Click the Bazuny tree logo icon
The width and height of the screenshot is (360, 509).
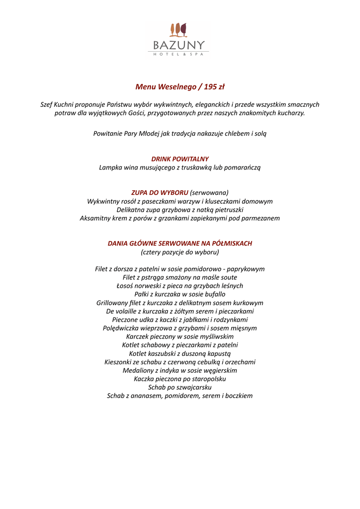pos(178,30)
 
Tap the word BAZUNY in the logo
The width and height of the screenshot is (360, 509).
pos(179,45)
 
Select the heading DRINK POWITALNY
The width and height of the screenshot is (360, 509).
pos(180,159)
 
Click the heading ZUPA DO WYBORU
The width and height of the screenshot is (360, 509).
pos(160,193)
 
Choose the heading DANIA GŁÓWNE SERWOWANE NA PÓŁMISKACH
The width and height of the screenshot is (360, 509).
pos(180,244)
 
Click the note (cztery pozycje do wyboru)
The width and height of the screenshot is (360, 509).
pos(180,252)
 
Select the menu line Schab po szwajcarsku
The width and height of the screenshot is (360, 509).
pos(180,387)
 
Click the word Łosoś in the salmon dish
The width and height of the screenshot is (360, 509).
pos(126,286)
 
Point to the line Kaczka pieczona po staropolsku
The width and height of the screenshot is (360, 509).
pos(180,379)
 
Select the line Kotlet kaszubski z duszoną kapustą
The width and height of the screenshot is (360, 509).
pos(180,353)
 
